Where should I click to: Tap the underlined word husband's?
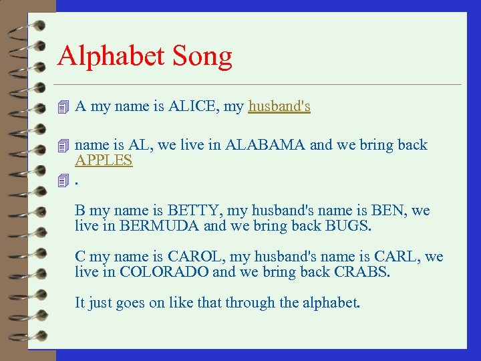pyautogui.click(x=279, y=106)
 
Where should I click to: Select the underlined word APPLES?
pyautogui.click(x=104, y=160)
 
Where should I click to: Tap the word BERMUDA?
pyautogui.click(x=160, y=226)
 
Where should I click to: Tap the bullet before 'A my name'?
pyautogui.click(x=63, y=107)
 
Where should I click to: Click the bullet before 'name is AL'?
pyautogui.click(x=63, y=146)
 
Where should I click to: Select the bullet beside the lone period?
pyautogui.click(x=63, y=180)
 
